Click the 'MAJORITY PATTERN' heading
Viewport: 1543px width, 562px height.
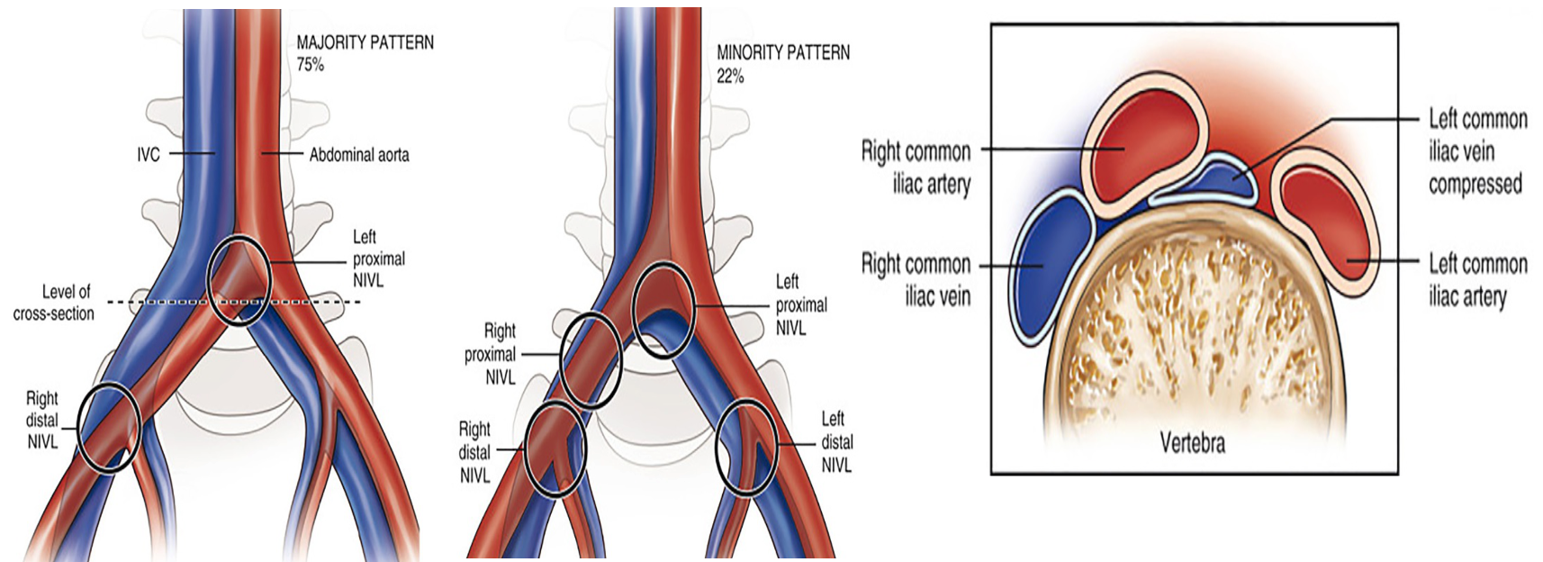click(x=365, y=42)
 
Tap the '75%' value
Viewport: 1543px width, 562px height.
click(x=311, y=65)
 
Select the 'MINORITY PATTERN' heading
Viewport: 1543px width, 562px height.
click(x=782, y=53)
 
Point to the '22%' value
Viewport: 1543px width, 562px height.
click(x=730, y=77)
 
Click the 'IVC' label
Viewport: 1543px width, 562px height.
click(x=149, y=155)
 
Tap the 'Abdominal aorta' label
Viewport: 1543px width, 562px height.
click(x=358, y=155)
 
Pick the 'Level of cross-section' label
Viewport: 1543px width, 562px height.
click(x=54, y=303)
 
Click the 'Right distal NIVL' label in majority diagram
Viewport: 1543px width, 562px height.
click(x=42, y=420)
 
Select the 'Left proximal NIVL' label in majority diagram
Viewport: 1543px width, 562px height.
click(x=378, y=258)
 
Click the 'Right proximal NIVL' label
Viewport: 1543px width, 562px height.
click(x=491, y=354)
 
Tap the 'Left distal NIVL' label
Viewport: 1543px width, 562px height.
click(x=836, y=442)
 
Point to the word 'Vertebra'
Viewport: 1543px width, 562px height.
click(x=1192, y=442)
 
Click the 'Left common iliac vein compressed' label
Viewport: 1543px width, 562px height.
click(x=1476, y=151)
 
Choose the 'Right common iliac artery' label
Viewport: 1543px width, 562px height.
click(x=916, y=168)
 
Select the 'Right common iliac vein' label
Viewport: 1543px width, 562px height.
click(x=916, y=280)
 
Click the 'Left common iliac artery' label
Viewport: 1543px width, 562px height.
click(x=1477, y=280)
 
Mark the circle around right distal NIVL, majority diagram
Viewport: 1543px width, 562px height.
click(x=108, y=427)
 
